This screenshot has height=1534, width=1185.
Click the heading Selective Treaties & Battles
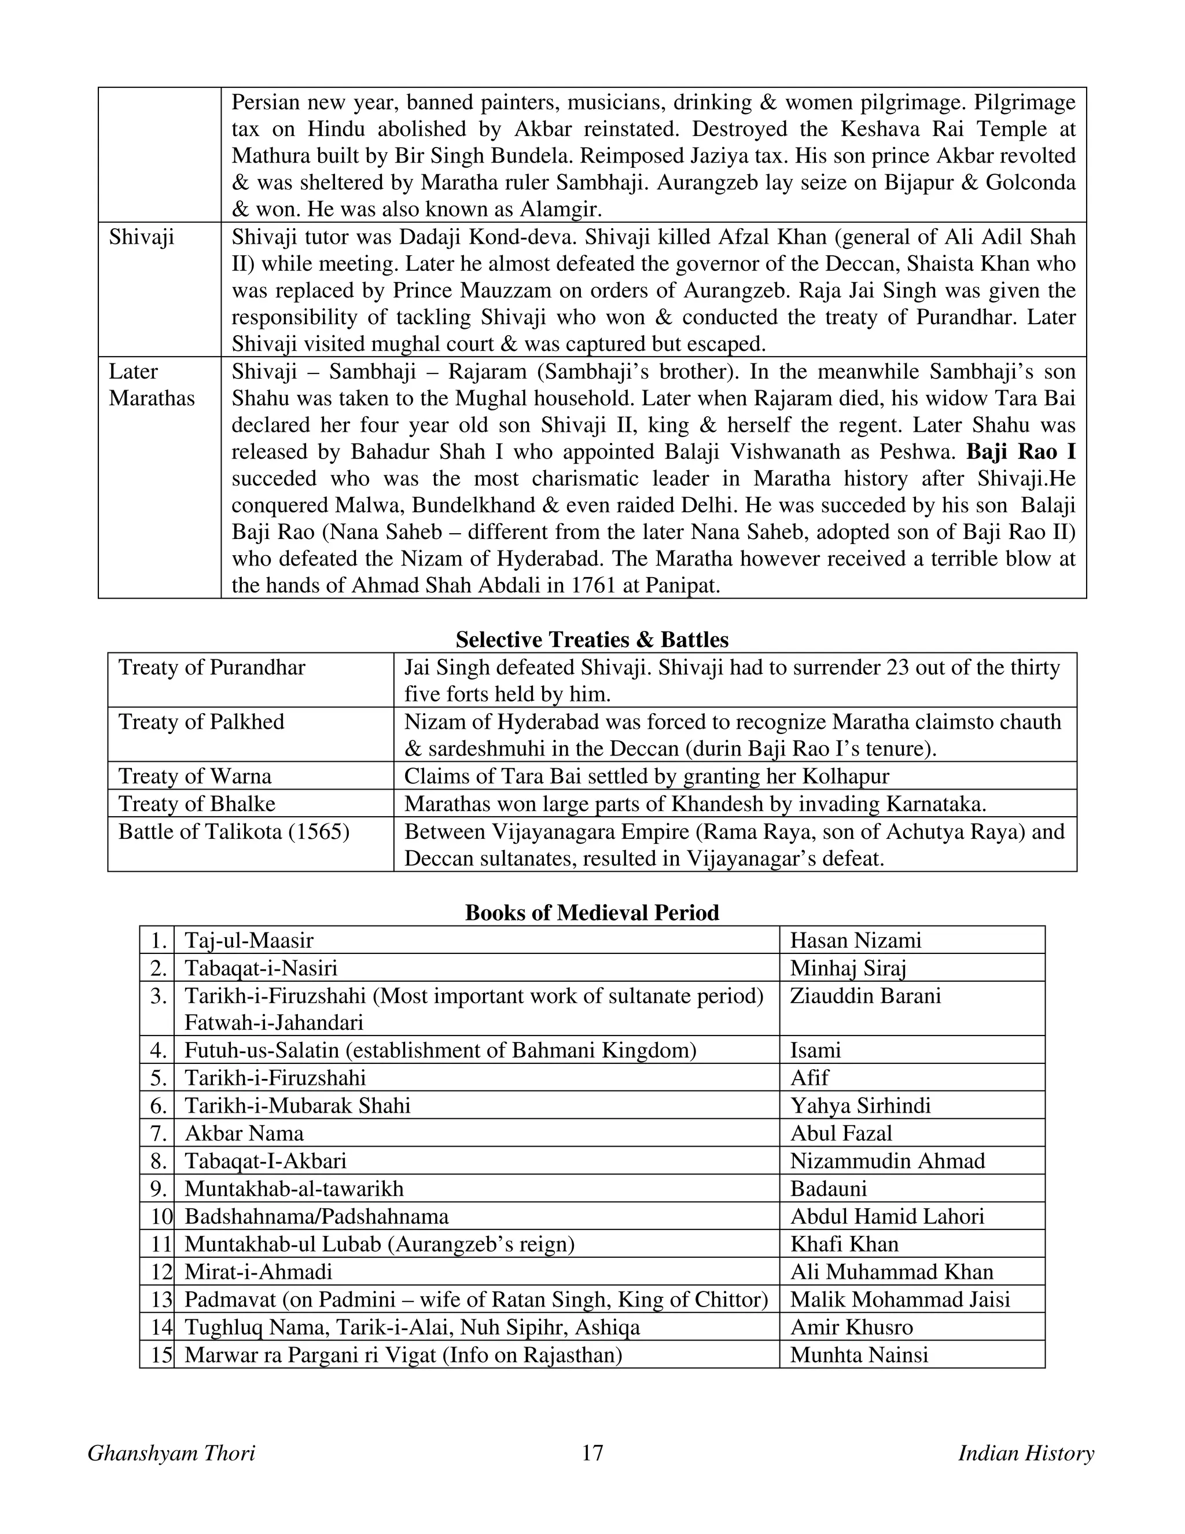(592, 639)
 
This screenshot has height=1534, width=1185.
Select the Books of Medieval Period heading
(592, 912)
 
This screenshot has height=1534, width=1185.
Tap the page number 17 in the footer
(592, 1452)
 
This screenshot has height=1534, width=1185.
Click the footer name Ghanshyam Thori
(171, 1453)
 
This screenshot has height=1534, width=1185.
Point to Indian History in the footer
(1026, 1453)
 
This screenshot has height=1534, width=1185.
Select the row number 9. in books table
(158, 1189)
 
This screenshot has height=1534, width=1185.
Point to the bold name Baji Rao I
(1021, 452)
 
